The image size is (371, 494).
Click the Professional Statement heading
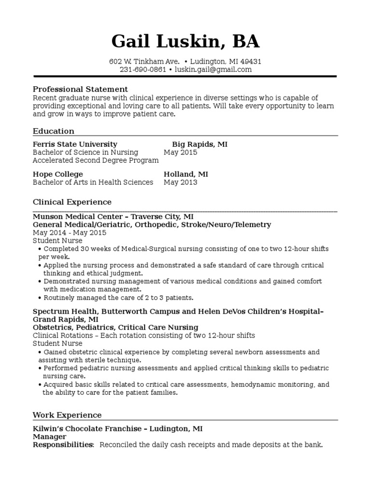click(x=80, y=89)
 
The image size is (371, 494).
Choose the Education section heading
click(x=54, y=131)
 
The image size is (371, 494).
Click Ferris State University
click(x=75, y=144)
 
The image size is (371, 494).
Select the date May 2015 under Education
click(x=180, y=152)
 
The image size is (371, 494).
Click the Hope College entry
click(x=57, y=174)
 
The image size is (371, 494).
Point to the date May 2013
click(x=180, y=182)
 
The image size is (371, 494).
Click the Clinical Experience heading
click(x=72, y=202)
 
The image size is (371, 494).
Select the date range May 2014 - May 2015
click(x=69, y=233)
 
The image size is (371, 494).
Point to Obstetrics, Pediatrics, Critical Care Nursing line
click(x=115, y=327)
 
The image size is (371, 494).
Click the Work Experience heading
click(x=67, y=415)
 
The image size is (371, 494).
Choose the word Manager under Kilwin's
click(x=49, y=437)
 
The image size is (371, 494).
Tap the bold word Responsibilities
click(x=62, y=445)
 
